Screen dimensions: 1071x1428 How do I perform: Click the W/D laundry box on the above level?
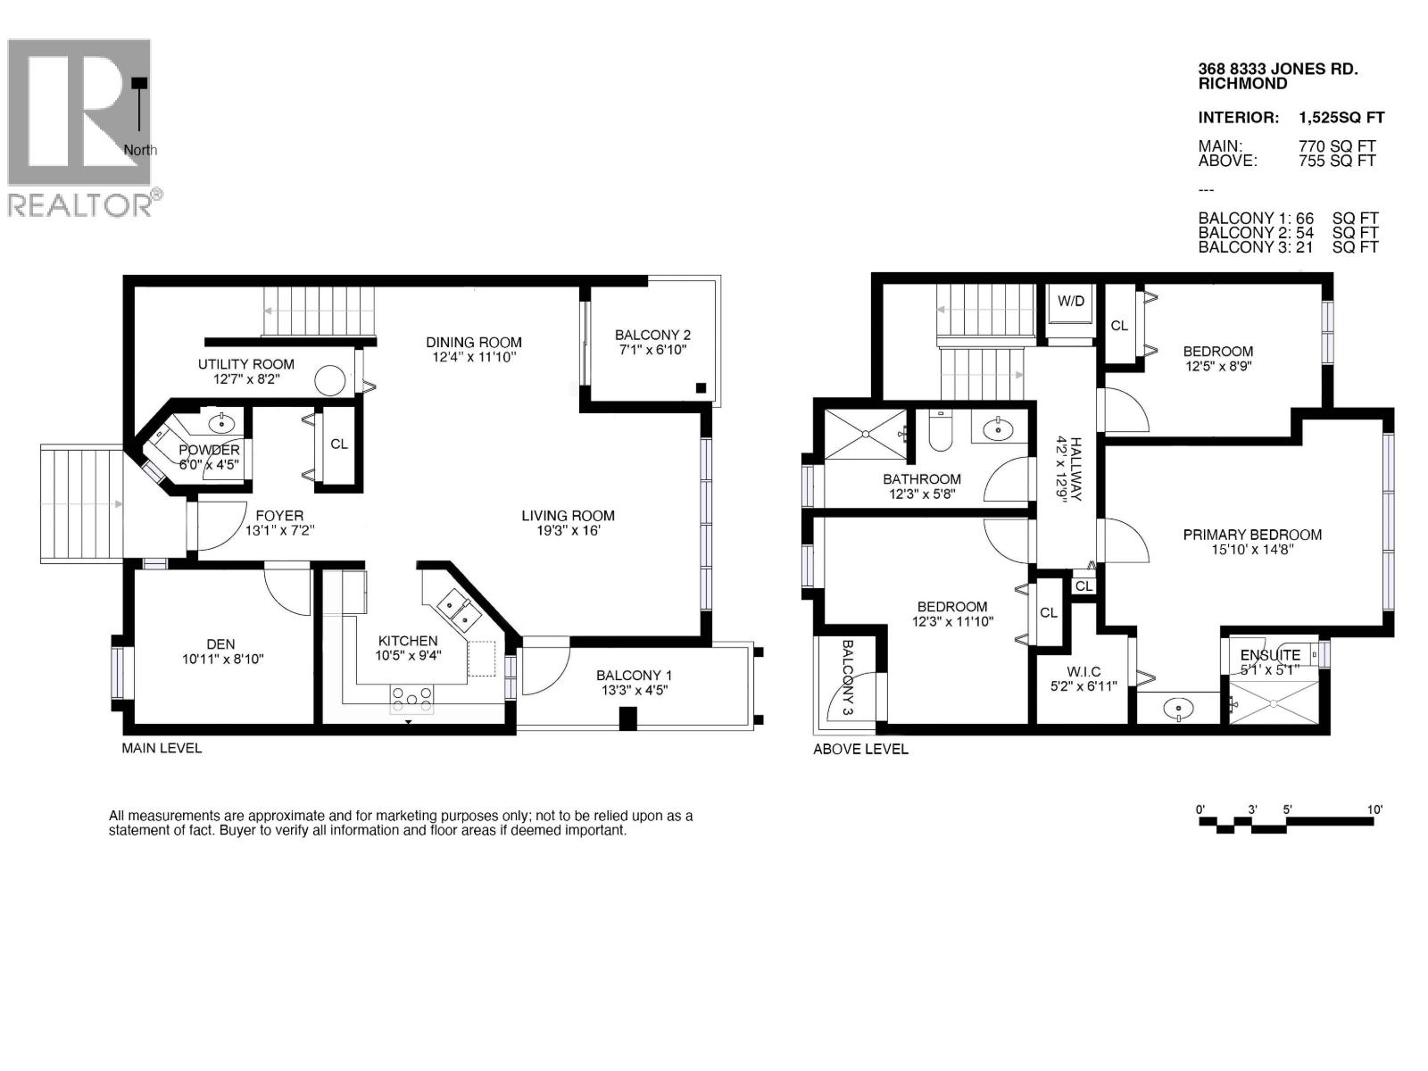click(x=1071, y=301)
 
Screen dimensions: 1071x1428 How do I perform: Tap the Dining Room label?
click(x=474, y=342)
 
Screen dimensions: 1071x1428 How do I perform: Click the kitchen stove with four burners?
click(x=411, y=699)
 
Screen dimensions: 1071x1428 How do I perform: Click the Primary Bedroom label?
click(x=1252, y=535)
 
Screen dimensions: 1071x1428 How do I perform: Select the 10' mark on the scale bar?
click(x=1374, y=809)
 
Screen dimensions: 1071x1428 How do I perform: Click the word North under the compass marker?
click(x=140, y=150)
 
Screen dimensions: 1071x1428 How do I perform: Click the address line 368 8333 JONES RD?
click(x=1277, y=69)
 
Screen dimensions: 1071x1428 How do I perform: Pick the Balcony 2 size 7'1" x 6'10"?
click(x=652, y=350)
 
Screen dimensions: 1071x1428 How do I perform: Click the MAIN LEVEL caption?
click(x=162, y=748)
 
